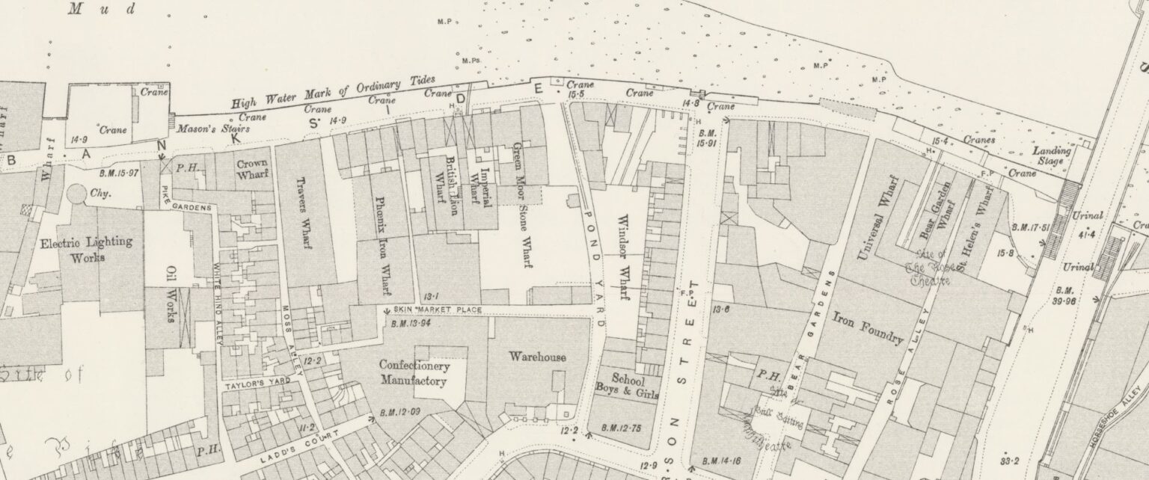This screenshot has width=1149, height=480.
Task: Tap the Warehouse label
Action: (537, 357)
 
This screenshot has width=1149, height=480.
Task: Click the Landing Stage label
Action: (1052, 155)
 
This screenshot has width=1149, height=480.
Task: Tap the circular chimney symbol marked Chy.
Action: (76, 194)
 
